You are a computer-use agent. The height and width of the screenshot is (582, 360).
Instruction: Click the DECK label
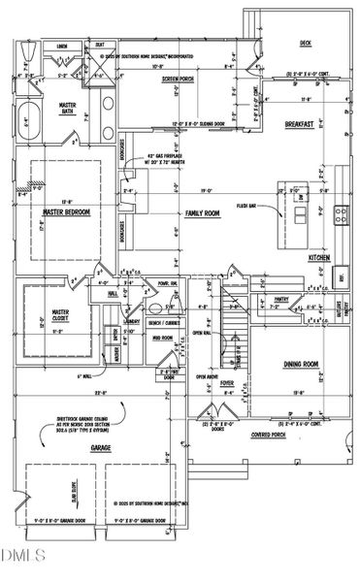tap(304, 44)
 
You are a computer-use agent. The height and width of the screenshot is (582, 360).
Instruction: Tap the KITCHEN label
tap(320, 258)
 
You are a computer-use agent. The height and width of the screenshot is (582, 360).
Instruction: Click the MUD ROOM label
tap(161, 338)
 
